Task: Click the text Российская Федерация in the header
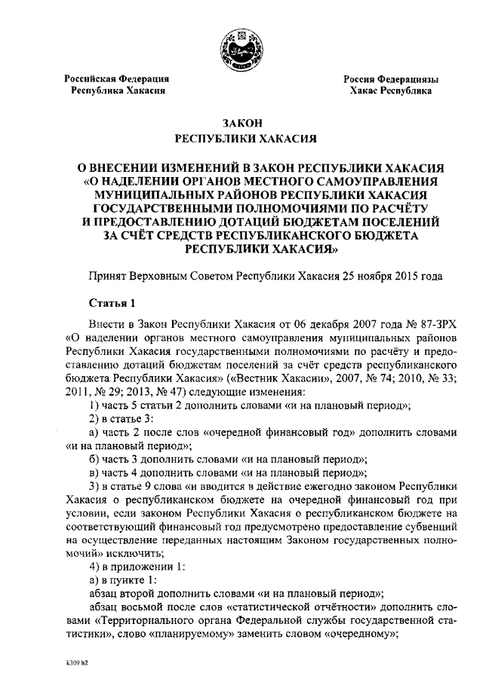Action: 115,78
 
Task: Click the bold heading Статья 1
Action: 112,304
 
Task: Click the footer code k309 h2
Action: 77,666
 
